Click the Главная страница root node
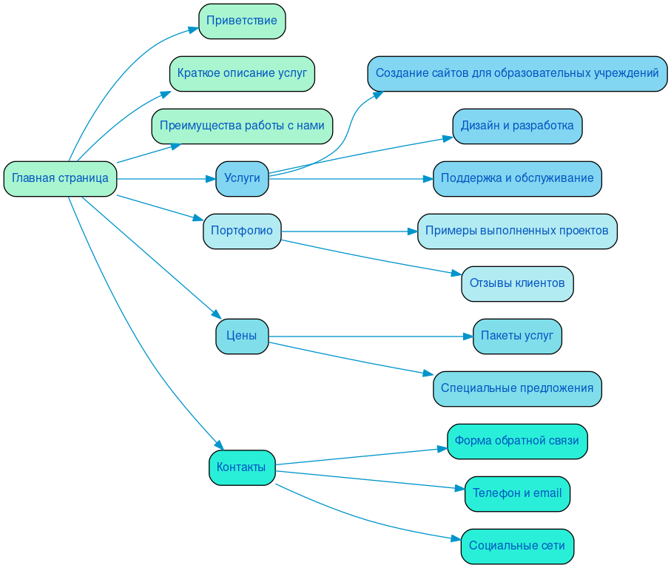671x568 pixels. coord(60,178)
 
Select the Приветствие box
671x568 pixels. coord(242,21)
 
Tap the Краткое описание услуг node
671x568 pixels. coord(242,73)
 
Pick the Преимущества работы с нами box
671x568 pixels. coord(242,126)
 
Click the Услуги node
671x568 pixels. coord(242,178)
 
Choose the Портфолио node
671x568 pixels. coord(242,231)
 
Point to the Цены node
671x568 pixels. coord(242,336)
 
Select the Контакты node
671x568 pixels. coord(242,467)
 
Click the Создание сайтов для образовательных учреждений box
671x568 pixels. coord(517,73)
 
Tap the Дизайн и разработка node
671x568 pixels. coord(517,126)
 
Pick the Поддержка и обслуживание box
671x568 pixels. coord(517,178)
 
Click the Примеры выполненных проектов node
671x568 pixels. coord(517,231)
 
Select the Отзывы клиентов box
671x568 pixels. coord(517,283)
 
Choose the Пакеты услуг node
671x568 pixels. coord(517,336)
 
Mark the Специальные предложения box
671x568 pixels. coord(517,388)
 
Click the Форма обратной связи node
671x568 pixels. coord(517,442)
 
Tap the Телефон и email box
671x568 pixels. coord(517,493)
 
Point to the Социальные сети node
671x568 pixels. coord(517,546)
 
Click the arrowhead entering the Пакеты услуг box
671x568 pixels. coord(468,337)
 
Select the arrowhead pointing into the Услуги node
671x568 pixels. coord(211,178)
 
